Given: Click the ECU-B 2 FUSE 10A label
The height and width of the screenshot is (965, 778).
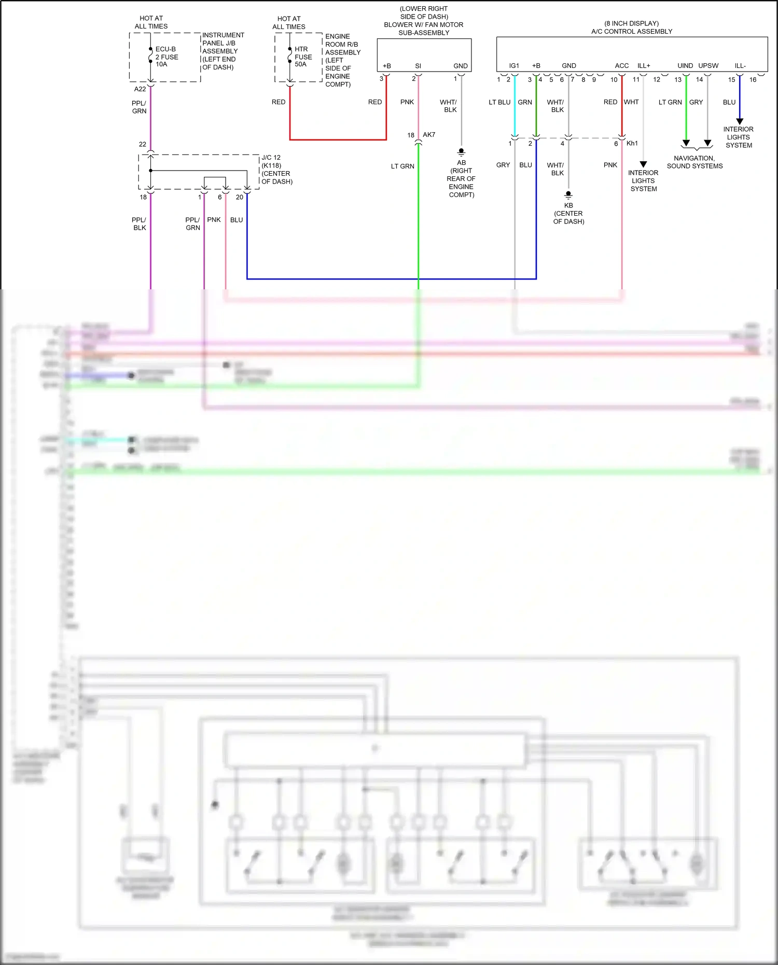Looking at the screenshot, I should (x=166, y=57).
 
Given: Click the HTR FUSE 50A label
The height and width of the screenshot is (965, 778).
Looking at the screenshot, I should (x=303, y=57).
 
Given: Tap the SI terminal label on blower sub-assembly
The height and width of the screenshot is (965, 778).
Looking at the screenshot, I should (x=418, y=66).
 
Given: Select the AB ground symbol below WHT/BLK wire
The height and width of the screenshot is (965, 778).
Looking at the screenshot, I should (x=461, y=152).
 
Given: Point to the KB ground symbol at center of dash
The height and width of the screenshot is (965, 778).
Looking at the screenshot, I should (x=568, y=195).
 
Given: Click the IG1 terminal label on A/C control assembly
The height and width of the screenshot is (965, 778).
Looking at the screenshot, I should (x=514, y=66).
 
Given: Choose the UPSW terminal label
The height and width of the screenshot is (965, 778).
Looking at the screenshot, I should (x=708, y=66).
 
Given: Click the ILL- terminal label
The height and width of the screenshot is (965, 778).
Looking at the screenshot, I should (x=740, y=66).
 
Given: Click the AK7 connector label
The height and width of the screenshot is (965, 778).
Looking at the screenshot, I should (x=429, y=135).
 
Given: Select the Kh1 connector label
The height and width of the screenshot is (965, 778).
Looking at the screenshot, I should (x=632, y=143).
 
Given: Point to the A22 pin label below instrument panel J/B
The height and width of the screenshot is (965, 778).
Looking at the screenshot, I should (x=140, y=89).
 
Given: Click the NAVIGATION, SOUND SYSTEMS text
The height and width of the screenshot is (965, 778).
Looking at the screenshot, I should (x=694, y=162).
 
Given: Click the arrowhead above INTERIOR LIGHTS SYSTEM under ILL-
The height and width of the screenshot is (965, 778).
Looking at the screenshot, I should (x=740, y=121).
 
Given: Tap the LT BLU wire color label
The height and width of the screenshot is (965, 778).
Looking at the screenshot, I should (x=499, y=102).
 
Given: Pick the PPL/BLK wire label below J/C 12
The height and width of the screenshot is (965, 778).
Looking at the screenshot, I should (x=139, y=223).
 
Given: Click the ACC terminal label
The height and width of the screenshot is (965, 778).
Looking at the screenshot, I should (x=621, y=66).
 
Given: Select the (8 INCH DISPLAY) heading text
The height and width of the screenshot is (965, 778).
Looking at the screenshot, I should (x=631, y=23).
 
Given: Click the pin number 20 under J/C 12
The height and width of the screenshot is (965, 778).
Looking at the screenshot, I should (x=239, y=197).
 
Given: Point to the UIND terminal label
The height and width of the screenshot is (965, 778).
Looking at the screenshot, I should (x=685, y=66).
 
